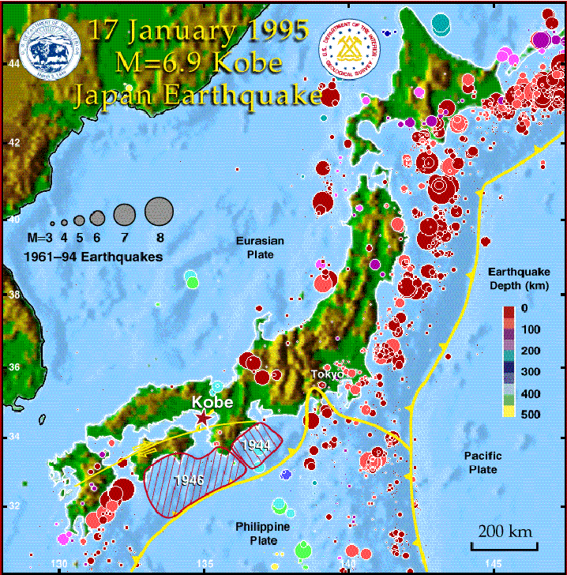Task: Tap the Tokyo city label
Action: pyautogui.click(x=325, y=374)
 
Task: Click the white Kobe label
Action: pyautogui.click(x=212, y=402)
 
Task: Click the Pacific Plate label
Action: pyautogui.click(x=481, y=463)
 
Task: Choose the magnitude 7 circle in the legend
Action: pyautogui.click(x=125, y=213)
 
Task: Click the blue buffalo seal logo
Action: pyautogui.click(x=51, y=50)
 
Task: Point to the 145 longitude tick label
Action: pyautogui.click(x=491, y=563)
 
